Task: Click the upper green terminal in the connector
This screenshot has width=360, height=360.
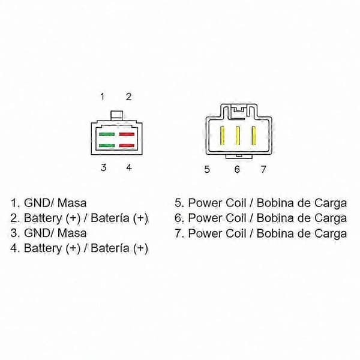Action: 107,134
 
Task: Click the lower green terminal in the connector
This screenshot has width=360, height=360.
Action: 107,146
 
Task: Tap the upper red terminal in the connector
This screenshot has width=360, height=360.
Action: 127,134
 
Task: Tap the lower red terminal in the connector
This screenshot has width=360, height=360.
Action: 127,146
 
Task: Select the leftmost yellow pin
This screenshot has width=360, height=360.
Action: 222,136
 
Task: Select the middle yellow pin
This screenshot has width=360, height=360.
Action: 238,136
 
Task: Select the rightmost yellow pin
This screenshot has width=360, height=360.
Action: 254,136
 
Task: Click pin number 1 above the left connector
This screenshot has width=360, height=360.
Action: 103,97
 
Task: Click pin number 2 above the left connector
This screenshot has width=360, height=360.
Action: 128,97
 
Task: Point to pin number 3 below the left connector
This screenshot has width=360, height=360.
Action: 104,167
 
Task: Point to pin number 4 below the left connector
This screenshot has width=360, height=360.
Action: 129,167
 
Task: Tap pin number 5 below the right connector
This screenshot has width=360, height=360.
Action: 207,169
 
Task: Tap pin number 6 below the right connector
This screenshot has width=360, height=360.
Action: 237,169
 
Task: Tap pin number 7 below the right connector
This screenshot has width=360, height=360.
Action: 263,169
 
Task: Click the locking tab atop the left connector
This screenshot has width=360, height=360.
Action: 116,115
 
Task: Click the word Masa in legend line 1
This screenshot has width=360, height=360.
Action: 72,203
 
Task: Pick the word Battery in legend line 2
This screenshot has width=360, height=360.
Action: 43,218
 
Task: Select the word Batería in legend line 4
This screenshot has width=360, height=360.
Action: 110,248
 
